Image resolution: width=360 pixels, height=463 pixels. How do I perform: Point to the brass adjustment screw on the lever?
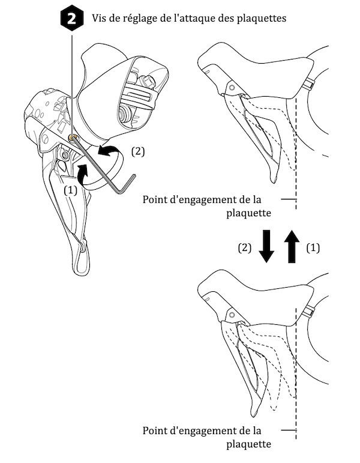[x=73, y=139]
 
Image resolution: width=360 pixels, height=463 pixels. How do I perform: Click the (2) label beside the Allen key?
[x=137, y=152]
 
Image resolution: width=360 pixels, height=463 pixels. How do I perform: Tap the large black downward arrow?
[x=266, y=247]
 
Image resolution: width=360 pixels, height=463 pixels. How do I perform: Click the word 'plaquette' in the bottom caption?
[x=250, y=444]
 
